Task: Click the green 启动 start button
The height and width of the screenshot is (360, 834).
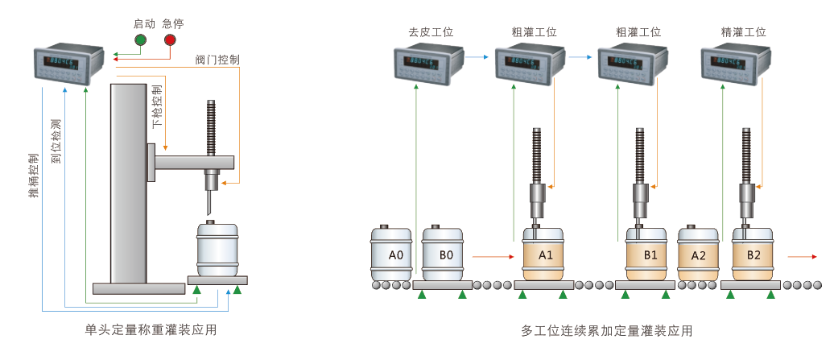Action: coord(141,39)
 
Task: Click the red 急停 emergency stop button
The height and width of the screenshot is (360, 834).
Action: coord(170,39)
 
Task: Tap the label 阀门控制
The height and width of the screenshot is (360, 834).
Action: coord(217,60)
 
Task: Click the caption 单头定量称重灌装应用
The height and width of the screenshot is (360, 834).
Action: coord(151,330)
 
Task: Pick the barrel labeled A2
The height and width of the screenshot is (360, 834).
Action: coord(699,255)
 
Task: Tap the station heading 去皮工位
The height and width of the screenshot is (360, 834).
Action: coord(431,33)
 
